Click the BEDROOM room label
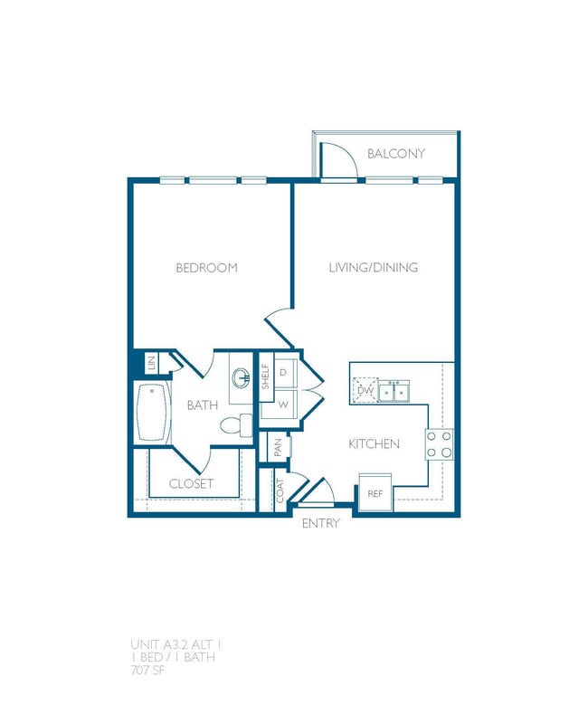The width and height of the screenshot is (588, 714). (x=206, y=268)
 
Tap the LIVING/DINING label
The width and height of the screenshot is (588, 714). (x=373, y=268)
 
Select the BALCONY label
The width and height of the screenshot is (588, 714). (x=395, y=154)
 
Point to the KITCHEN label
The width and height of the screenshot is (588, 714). (x=375, y=444)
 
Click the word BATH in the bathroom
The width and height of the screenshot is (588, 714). (x=203, y=405)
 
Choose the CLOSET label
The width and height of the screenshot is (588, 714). (x=191, y=484)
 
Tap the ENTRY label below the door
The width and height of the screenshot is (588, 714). (x=320, y=523)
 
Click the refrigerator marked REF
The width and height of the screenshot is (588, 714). (x=375, y=494)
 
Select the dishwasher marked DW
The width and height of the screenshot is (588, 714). (x=365, y=390)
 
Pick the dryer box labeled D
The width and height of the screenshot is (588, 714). (x=283, y=372)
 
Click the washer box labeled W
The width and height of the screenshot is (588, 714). (x=283, y=405)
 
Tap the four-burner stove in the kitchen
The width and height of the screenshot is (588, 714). (x=440, y=443)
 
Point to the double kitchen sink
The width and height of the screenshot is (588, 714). (x=394, y=391)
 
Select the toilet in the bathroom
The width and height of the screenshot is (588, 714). (x=236, y=424)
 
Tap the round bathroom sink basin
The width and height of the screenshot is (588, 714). (x=242, y=377)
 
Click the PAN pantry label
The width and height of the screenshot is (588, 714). (x=279, y=447)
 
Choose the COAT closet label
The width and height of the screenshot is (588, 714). (x=280, y=491)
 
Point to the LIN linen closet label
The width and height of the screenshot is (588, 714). (x=151, y=364)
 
